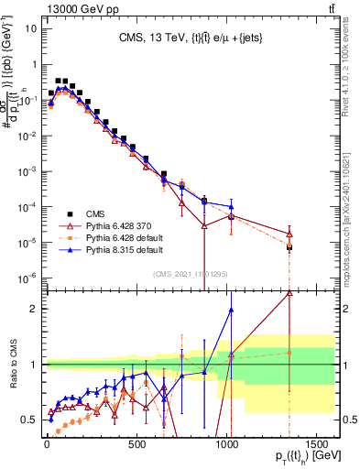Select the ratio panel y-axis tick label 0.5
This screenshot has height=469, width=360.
(x=27, y=419)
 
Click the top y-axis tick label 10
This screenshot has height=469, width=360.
(x=29, y=28)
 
